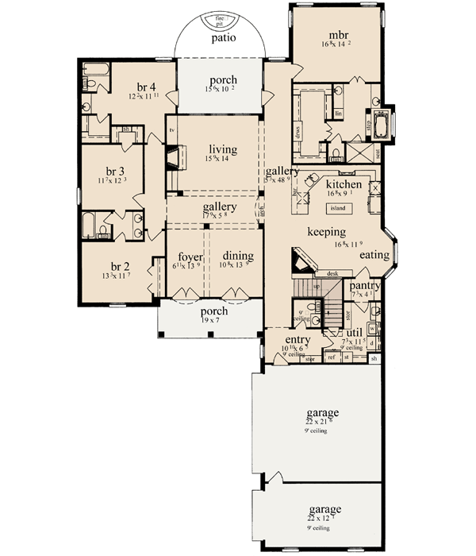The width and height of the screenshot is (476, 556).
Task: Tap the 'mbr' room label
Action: tap(340, 36)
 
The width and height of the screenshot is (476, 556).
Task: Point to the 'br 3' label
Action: tap(116, 171)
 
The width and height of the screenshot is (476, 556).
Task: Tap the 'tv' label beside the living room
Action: tap(171, 129)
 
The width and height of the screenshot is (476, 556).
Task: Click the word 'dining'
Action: tap(238, 256)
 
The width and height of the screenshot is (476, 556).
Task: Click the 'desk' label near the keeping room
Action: tap(332, 272)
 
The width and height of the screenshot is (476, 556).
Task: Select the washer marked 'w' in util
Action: tap(371, 328)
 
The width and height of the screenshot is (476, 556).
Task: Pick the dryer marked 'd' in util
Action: tap(371, 343)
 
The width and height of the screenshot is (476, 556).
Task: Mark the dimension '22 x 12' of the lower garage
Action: tap(323, 519)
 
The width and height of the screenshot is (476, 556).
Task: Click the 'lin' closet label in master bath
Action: tap(338, 114)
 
